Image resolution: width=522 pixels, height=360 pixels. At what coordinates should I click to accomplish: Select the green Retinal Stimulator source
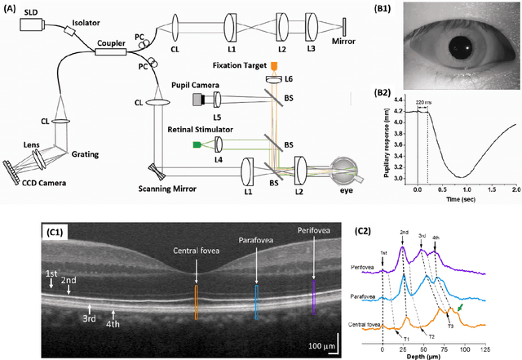[x=197, y=144]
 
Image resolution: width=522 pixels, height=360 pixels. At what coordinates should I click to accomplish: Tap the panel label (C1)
[x=58, y=233]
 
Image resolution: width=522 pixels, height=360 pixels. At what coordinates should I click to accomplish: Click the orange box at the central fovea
[x=196, y=300]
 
